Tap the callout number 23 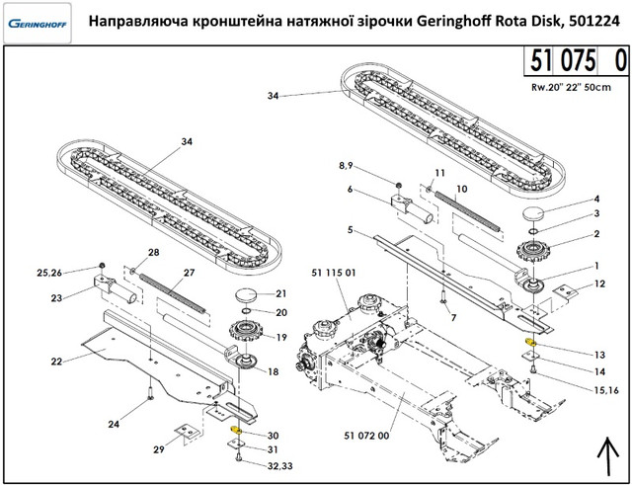tap(57, 297)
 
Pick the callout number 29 tap(159, 449)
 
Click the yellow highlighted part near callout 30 tap(236, 431)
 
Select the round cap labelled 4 tap(538, 215)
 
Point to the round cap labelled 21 tap(248, 295)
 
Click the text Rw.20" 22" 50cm tap(572, 86)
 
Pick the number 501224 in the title tap(588, 21)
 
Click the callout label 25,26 tap(50, 272)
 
